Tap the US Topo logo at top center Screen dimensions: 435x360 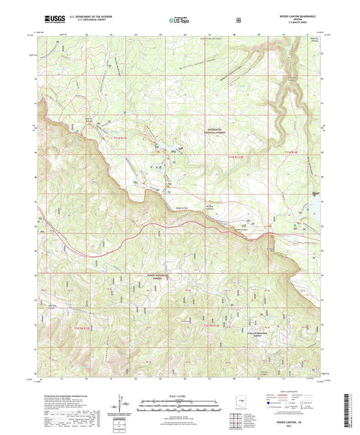[x=180, y=20]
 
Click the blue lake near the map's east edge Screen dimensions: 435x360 [x=315, y=196]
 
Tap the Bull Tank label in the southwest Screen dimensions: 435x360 [x=51, y=305]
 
